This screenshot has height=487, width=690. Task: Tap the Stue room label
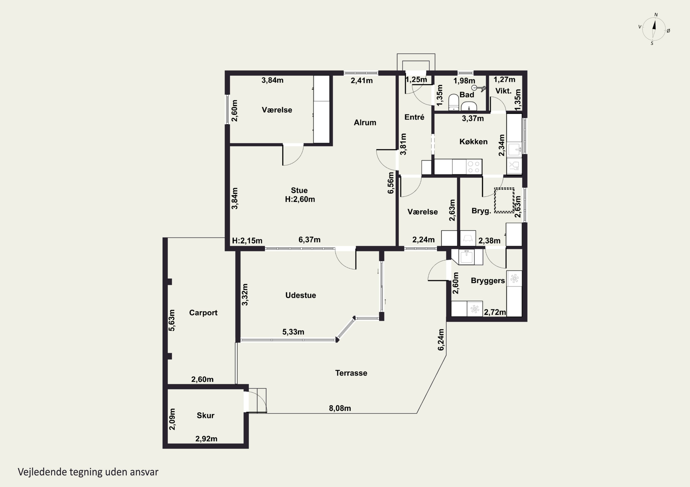click(x=299, y=190)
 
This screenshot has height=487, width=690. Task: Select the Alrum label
click(x=365, y=122)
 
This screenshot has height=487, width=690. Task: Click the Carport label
click(x=203, y=313)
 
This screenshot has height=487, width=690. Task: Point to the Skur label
click(x=206, y=415)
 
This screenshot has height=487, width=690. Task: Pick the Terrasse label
click(x=351, y=373)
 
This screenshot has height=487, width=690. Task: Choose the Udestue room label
click(x=301, y=295)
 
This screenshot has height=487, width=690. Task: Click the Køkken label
click(x=473, y=142)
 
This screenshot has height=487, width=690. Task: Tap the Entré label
click(x=414, y=117)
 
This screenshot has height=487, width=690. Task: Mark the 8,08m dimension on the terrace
click(x=340, y=408)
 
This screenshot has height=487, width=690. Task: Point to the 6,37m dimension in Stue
click(x=309, y=240)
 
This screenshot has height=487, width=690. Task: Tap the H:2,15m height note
click(x=247, y=241)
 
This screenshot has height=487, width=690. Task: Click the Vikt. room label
click(x=503, y=91)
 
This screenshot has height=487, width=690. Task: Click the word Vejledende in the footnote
click(x=42, y=472)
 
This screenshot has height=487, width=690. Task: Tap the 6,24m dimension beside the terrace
click(x=441, y=340)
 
